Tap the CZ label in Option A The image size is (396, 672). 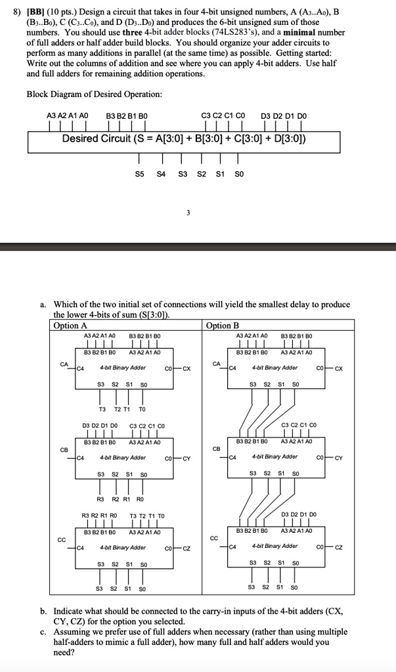[x=186, y=547]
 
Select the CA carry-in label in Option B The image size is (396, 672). [x=217, y=363]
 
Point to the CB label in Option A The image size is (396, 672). [x=64, y=450]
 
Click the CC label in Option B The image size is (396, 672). [x=214, y=539]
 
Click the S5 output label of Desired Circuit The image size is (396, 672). [x=139, y=174]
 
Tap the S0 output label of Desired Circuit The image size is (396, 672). [x=239, y=174]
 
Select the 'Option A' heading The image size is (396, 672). [x=70, y=325]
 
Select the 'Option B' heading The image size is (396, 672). [x=223, y=325]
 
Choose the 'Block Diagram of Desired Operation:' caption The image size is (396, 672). [x=94, y=94]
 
